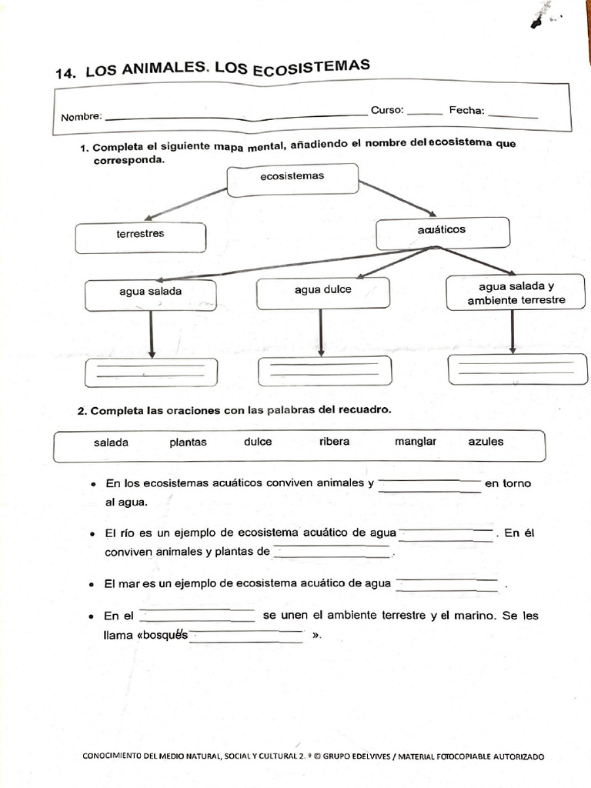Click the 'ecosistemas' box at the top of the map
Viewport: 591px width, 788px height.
[x=292, y=179]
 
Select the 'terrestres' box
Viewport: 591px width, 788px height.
[x=140, y=237]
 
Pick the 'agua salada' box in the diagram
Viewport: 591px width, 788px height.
[x=151, y=295]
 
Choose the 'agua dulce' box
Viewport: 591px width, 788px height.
[x=323, y=292]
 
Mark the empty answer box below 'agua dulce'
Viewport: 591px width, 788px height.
[x=324, y=371]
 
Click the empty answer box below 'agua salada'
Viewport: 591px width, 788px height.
[x=151, y=372]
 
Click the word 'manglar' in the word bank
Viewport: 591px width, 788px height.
[x=416, y=442]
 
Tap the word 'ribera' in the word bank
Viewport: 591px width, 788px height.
[x=334, y=442]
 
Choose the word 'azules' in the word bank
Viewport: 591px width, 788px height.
[x=486, y=442]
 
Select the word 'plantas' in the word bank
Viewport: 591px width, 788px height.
[x=188, y=442]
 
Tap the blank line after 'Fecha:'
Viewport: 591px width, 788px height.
[x=513, y=115]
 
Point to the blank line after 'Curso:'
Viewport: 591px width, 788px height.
[x=425, y=113]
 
